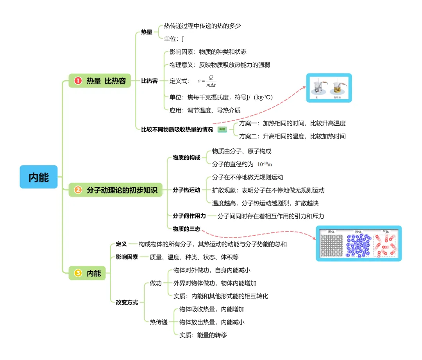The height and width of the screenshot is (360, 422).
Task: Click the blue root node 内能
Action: coord(39,177)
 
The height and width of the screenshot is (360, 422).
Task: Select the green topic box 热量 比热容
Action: coord(100,81)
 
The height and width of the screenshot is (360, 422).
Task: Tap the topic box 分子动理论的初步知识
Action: coord(116,190)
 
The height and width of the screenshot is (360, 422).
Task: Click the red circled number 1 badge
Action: coord(78,81)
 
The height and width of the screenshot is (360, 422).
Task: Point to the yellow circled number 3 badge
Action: coord(78,273)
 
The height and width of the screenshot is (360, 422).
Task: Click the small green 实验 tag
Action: coord(222,129)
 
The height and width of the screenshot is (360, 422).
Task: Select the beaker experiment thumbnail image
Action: coord(329,88)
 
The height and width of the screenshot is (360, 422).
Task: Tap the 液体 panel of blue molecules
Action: coord(358,245)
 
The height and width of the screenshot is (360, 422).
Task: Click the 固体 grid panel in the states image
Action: coord(332,245)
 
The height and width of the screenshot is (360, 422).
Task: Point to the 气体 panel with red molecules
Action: coord(385,245)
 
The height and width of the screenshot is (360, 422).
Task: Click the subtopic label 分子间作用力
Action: coord(189,216)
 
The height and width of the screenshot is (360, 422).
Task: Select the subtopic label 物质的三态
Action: coord(186,229)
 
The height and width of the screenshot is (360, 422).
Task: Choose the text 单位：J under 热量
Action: coord(174,39)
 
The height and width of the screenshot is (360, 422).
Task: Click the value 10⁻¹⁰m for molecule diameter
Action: coord(265,164)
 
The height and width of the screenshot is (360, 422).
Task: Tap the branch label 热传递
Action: coord(159,322)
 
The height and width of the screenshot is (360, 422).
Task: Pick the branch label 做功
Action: coord(156,283)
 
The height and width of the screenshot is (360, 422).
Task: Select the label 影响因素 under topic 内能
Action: coord(127,257)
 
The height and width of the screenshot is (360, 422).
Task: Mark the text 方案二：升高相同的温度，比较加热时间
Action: coord(292,136)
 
